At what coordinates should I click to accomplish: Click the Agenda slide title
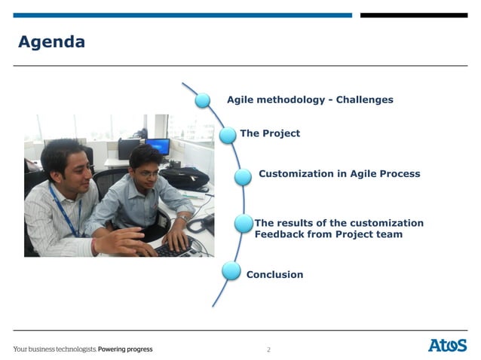(51, 42)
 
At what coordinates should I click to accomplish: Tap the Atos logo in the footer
(447, 345)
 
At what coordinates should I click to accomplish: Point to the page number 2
(268, 349)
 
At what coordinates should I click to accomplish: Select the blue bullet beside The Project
(228, 135)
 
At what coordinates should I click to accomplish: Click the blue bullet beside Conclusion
(231, 271)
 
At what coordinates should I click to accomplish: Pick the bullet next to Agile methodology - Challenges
(203, 99)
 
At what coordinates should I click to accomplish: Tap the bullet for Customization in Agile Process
(243, 176)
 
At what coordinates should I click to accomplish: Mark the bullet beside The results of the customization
(244, 224)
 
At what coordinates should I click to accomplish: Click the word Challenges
(364, 99)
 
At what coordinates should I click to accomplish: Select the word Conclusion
(274, 275)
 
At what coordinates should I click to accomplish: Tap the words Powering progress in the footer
(125, 349)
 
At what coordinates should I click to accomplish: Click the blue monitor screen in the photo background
(157, 146)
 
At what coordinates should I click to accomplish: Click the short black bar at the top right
(413, 15)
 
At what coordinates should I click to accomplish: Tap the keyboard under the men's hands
(177, 249)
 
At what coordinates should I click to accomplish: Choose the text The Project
(269, 133)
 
